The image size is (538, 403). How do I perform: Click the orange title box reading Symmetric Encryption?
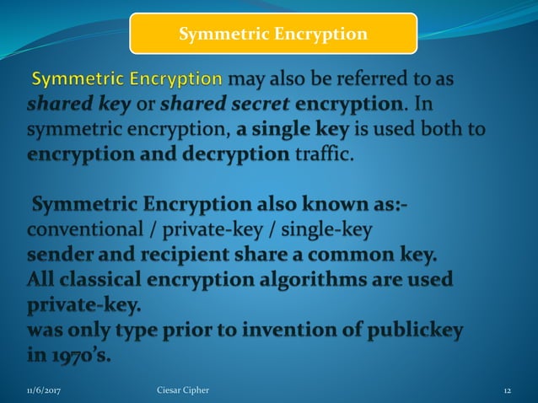pos(273,34)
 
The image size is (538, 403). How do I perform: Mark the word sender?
pos(58,255)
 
